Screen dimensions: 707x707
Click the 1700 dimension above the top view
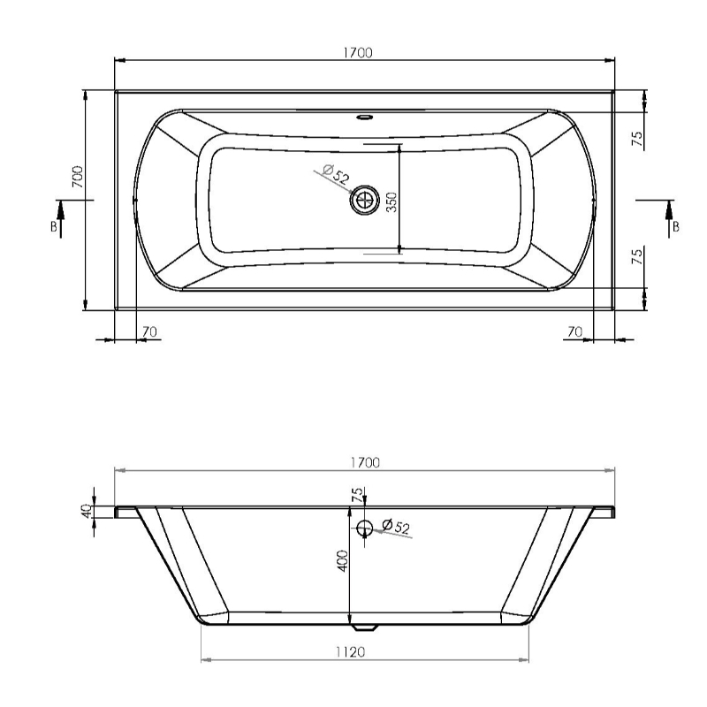point(358,52)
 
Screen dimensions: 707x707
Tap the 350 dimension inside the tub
point(392,202)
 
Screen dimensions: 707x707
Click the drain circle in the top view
point(363,201)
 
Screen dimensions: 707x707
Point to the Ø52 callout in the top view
point(336,173)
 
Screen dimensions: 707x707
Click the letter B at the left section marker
point(55,226)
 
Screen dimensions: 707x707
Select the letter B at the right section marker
point(676,226)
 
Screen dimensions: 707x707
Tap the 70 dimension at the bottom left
point(149,331)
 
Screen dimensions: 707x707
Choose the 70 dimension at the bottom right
point(575,331)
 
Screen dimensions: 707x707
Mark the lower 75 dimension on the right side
point(637,259)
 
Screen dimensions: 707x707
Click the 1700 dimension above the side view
point(363,462)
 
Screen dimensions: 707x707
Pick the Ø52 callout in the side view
point(396,528)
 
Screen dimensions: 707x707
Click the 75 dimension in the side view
point(357,496)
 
